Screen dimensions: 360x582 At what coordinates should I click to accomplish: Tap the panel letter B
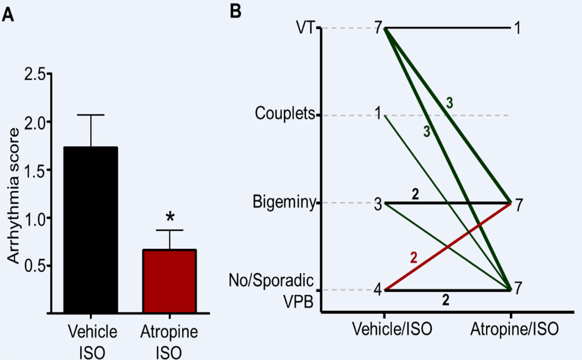click(235, 12)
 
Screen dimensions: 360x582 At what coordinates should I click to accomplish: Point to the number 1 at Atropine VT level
click(517, 28)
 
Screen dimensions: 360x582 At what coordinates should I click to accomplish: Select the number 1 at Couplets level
click(378, 115)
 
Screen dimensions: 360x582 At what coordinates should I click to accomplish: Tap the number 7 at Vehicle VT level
click(378, 28)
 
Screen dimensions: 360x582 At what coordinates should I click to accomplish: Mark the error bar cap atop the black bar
click(91, 115)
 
